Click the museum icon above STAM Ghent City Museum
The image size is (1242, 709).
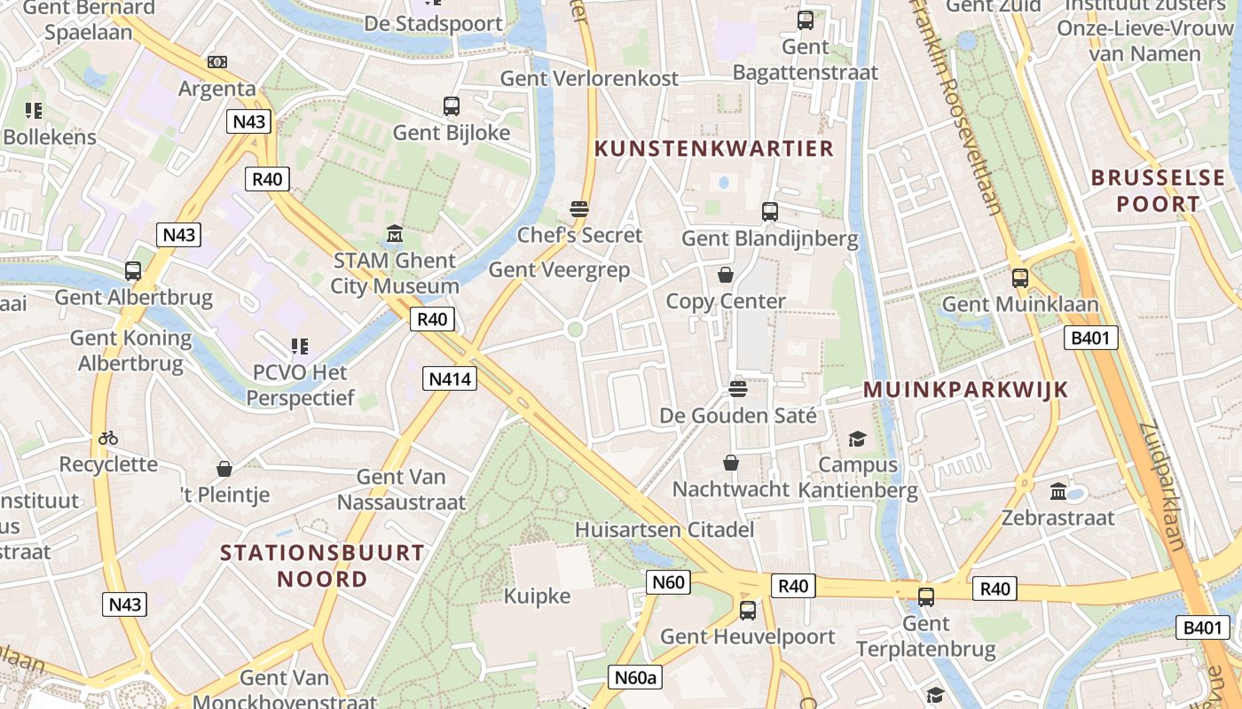click(395, 235)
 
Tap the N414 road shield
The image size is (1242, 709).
click(452, 379)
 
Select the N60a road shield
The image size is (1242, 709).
click(637, 678)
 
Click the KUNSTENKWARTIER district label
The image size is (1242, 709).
click(714, 148)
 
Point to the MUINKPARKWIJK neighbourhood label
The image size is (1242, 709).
click(965, 390)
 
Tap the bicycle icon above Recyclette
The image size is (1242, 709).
click(108, 438)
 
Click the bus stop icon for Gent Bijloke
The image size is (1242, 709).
click(452, 106)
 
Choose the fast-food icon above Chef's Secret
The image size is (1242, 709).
click(579, 209)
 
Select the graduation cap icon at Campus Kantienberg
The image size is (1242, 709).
click(857, 439)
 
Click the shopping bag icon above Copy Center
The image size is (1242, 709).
click(726, 275)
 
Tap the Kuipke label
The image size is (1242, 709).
click(537, 596)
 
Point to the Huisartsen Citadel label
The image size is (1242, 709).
click(664, 530)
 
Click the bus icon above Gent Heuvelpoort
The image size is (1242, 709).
click(748, 610)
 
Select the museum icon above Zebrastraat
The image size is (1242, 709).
click(1058, 491)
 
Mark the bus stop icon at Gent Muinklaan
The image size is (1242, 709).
click(1020, 277)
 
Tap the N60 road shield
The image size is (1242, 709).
click(667, 582)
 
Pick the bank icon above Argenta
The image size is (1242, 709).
click(217, 62)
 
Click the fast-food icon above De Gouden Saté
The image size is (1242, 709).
click(737, 388)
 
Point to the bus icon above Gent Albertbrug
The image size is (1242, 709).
click(133, 271)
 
